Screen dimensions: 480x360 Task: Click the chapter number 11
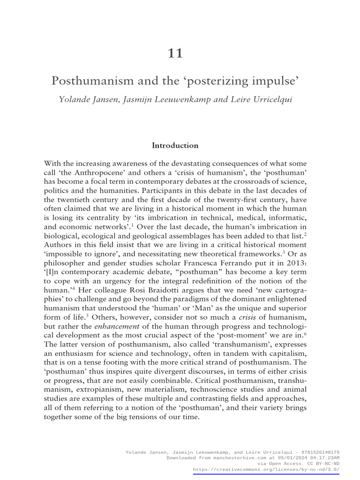[x=175, y=53]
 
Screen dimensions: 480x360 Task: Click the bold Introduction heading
[x=175, y=145]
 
